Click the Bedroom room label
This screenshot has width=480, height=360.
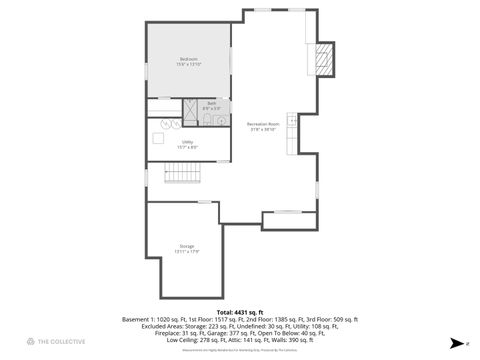pyautogui.click(x=188, y=62)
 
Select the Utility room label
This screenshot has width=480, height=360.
pyautogui.click(x=187, y=145)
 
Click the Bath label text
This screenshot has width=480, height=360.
pyautogui.click(x=211, y=105)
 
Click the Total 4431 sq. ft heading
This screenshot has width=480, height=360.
pyautogui.click(x=240, y=312)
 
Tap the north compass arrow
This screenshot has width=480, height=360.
pyautogui.click(x=457, y=342)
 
